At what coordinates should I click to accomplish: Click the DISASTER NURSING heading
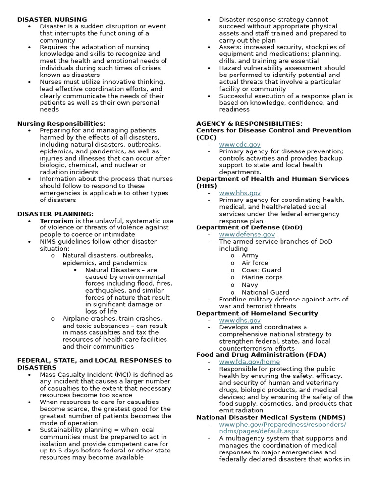pyautogui.click(x=52, y=19)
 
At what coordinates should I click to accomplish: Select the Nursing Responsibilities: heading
pyautogui.click(x=61, y=124)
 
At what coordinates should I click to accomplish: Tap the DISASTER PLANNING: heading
pyautogui.click(x=55, y=214)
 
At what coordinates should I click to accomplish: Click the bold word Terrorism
pyautogui.click(x=57, y=221)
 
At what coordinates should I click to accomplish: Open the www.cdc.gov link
pyautogui.click(x=240, y=145)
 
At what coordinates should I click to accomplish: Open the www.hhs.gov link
pyautogui.click(x=240, y=193)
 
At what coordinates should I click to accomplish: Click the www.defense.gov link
pyautogui.click(x=247, y=234)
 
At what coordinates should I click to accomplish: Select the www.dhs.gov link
pyautogui.click(x=240, y=320)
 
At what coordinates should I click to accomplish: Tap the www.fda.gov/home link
pyautogui.click(x=250, y=362)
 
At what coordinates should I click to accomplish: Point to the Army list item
pyautogui.click(x=250, y=255)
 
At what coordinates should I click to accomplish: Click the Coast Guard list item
pyautogui.click(x=261, y=270)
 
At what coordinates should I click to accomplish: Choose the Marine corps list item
pyautogui.click(x=262, y=277)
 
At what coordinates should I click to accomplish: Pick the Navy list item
pyautogui.click(x=250, y=284)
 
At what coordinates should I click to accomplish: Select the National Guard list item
pyautogui.click(x=265, y=292)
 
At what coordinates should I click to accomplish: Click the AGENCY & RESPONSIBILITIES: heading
pyautogui.click(x=249, y=124)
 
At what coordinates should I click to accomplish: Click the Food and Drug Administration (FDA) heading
pyautogui.click(x=261, y=355)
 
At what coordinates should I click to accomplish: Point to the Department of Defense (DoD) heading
pyautogui.click(x=249, y=227)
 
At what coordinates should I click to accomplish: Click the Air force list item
pyautogui.click(x=255, y=263)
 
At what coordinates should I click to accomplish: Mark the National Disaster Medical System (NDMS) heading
pyautogui.click(x=269, y=417)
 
